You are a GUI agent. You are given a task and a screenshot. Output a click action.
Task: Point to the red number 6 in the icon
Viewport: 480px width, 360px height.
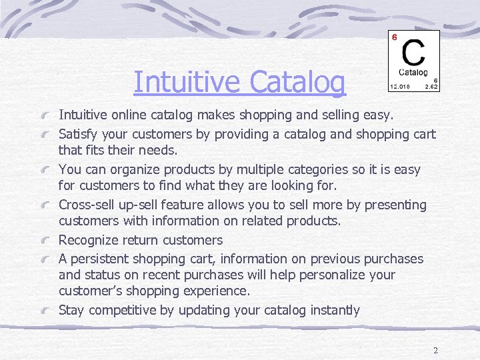[x=395, y=37]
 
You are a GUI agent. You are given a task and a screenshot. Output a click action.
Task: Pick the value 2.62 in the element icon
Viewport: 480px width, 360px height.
[x=432, y=86]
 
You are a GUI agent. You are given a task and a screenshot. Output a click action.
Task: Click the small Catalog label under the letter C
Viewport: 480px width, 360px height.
[x=413, y=72]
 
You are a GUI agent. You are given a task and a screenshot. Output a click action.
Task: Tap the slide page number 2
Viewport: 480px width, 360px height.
[x=435, y=351]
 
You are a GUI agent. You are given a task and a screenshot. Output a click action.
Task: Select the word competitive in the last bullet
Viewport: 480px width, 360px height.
[x=122, y=310]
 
